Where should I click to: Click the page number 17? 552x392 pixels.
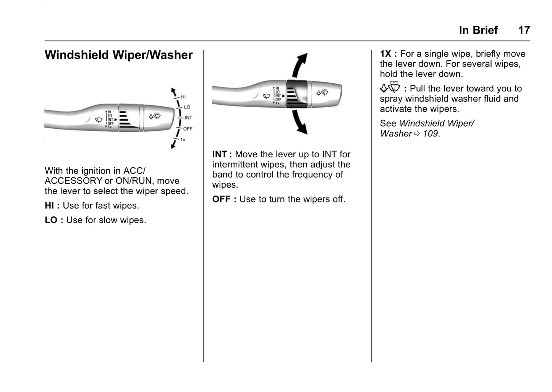click(524, 30)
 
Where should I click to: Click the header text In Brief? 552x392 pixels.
click(478, 30)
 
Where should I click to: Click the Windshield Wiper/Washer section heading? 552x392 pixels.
click(118, 55)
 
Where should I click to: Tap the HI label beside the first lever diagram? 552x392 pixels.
click(183, 97)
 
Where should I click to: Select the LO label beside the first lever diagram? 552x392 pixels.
click(187, 107)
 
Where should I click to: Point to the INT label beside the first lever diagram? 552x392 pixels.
click(188, 118)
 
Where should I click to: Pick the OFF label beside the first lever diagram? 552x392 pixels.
click(188, 129)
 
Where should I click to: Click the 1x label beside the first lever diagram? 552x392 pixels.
click(183, 140)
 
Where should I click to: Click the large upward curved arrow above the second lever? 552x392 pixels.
click(299, 65)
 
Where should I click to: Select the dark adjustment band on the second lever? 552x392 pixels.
click(296, 94)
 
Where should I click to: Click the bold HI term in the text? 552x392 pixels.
click(49, 206)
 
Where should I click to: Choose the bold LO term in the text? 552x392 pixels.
click(51, 220)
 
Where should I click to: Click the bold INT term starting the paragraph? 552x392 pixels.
click(219, 154)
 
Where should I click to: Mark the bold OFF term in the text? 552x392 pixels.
click(222, 199)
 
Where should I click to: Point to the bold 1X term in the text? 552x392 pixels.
click(385, 54)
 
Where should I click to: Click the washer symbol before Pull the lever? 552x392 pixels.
click(390, 87)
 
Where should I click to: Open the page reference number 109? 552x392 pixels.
click(430, 134)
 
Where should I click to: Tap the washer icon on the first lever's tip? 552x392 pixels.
click(155, 116)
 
